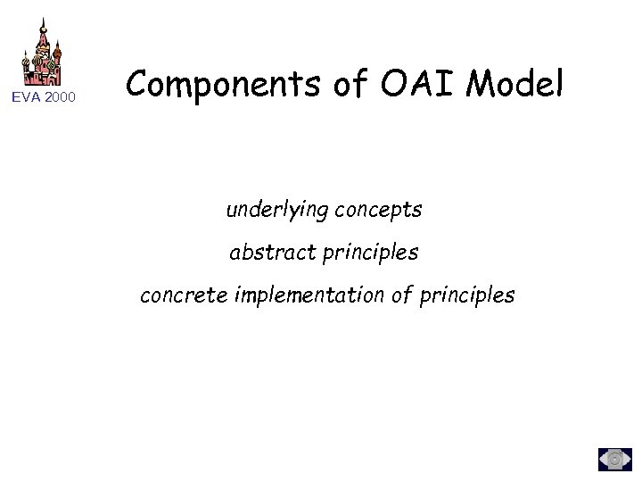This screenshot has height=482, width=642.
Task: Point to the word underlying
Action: pos(273,212)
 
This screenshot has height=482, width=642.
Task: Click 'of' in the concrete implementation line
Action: pos(399,295)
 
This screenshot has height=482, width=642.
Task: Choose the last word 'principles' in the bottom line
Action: pos(465,295)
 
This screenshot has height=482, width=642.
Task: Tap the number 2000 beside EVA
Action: pos(62,97)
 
